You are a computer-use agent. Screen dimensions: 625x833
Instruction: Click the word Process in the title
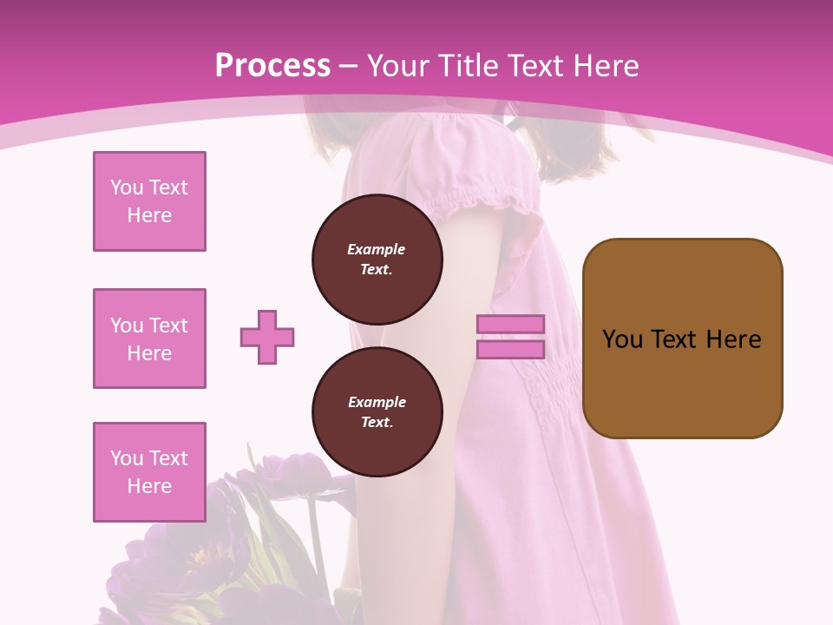pos(272,65)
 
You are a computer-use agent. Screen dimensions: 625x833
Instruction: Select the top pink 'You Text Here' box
pos(149,201)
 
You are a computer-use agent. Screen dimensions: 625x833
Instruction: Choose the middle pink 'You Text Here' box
pos(149,339)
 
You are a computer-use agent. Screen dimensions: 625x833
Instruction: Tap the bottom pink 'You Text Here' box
pos(149,472)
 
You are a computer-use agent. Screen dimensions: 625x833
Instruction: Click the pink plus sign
pos(267,337)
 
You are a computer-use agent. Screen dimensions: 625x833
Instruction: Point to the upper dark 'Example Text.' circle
pos(377,260)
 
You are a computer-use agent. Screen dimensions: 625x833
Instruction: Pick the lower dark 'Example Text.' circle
pos(377,412)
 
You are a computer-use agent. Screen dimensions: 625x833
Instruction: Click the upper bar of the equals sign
pos(510,325)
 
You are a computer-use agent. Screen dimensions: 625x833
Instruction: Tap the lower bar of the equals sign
pos(510,349)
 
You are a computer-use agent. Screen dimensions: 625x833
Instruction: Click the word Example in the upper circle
pos(377,249)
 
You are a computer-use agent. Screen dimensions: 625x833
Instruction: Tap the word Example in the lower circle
pos(377,402)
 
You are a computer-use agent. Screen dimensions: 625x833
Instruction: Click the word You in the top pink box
pos(126,187)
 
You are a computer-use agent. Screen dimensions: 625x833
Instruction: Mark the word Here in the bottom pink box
pos(149,486)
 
